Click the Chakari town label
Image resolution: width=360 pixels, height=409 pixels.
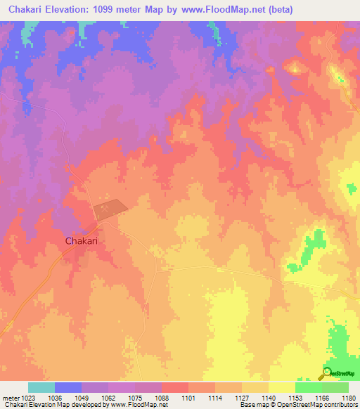point(81,240)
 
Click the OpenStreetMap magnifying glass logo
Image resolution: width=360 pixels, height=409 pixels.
point(327,372)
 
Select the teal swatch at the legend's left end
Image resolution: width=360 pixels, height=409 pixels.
point(41,387)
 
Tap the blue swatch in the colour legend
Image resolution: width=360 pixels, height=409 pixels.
point(67,387)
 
